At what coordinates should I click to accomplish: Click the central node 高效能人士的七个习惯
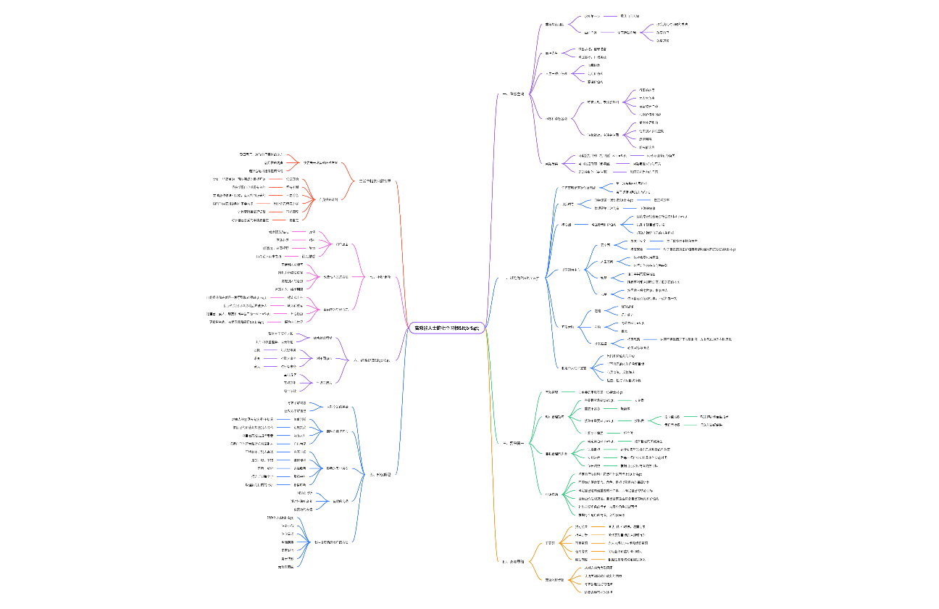point(448,328)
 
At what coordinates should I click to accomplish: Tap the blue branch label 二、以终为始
point(522,278)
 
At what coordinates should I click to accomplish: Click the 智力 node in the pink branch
point(312,248)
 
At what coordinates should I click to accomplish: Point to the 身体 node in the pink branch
point(312,231)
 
